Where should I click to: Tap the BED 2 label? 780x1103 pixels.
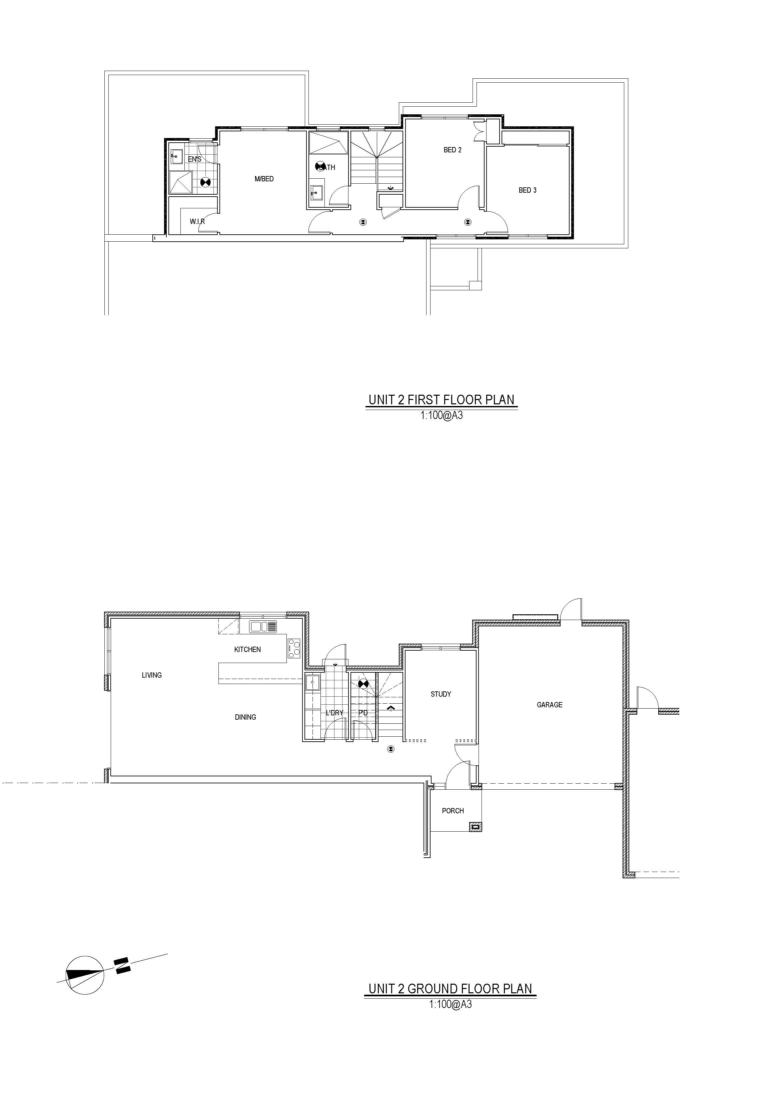[452, 150]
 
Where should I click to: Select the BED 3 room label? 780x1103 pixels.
[527, 190]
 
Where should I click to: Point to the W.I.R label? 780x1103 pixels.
[197, 221]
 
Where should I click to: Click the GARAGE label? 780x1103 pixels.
[549, 705]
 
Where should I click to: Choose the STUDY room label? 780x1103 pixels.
[441, 694]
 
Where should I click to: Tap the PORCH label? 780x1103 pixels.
[453, 811]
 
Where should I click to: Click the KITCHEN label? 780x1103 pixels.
[247, 650]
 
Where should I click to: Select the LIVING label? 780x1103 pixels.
[151, 675]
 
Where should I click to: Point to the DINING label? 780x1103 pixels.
[245, 717]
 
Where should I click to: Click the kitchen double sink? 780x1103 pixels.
[263, 626]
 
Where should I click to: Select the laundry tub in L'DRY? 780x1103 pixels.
[312, 683]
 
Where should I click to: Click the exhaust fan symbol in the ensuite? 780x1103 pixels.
[206, 182]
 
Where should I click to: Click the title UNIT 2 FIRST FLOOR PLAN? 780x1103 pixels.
[441, 400]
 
